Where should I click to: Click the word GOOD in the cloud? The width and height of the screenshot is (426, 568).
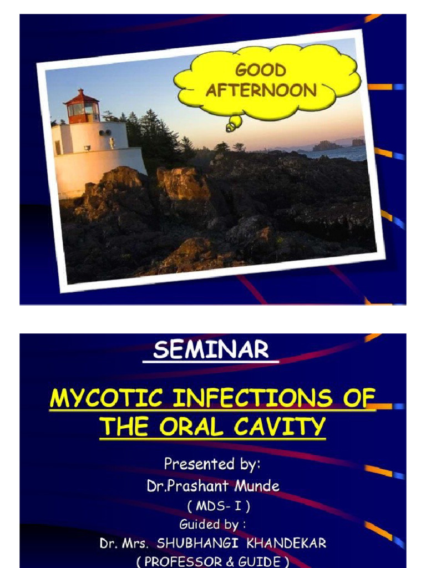click(x=260, y=70)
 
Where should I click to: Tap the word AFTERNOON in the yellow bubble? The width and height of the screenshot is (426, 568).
click(x=261, y=90)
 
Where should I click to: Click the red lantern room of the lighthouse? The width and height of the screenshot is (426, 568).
click(x=82, y=109)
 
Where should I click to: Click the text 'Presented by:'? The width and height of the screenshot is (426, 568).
click(x=212, y=463)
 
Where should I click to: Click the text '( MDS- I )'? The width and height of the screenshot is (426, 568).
click(x=212, y=506)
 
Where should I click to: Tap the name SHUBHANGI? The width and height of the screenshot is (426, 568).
click(x=205, y=544)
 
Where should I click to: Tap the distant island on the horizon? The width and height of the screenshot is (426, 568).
click(x=327, y=146)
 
